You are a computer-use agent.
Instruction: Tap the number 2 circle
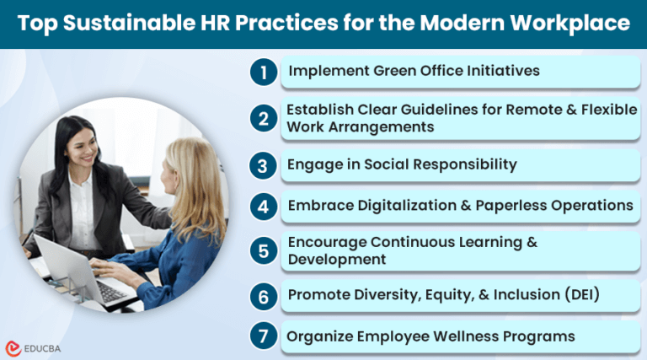tap(264, 119)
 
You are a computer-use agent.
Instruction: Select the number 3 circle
tap(264, 164)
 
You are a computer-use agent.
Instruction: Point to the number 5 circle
tap(264, 251)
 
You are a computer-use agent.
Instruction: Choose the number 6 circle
tap(264, 295)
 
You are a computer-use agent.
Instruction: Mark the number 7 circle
tap(264, 337)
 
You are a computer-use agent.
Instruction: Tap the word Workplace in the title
tap(572, 24)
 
